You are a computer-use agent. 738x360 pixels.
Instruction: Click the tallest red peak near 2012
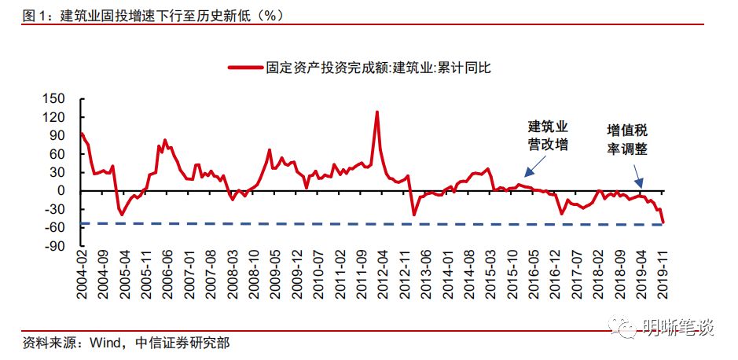pos(376,112)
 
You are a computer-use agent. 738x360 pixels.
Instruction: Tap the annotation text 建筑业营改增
pos(547,135)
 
